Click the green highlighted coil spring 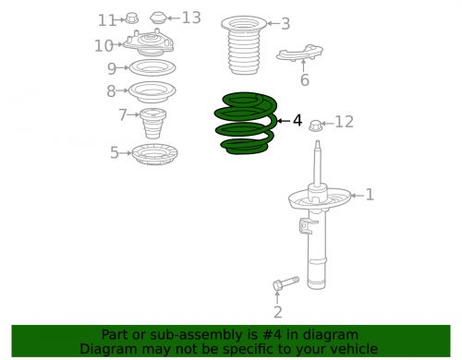pyautogui.click(x=243, y=125)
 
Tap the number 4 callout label pyautogui.click(x=297, y=120)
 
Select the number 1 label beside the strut pyautogui.click(x=370, y=195)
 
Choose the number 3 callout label pyautogui.click(x=285, y=24)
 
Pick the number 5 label pyautogui.click(x=115, y=153)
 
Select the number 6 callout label pyautogui.click(x=304, y=80)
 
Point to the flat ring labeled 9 pyautogui.click(x=149, y=68)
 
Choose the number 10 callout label pyautogui.click(x=103, y=44)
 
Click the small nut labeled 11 pyautogui.click(x=131, y=18)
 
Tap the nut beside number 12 pyautogui.click(x=316, y=123)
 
